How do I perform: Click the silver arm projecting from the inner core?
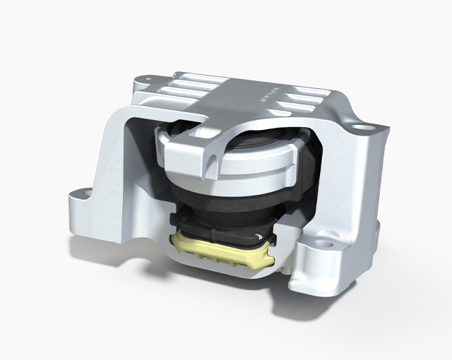point(212,145)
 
